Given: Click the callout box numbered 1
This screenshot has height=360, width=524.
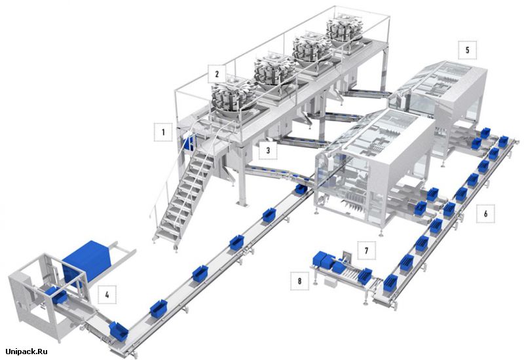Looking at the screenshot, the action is point(163,132).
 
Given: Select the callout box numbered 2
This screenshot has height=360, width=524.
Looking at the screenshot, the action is point(217,74).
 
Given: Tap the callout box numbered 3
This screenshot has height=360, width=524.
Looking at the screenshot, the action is point(268,151).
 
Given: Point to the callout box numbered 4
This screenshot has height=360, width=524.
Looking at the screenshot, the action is point(107,295).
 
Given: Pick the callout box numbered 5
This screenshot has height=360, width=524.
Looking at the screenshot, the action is point(467,50).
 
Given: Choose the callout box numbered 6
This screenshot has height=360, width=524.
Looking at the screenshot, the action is point(485,213).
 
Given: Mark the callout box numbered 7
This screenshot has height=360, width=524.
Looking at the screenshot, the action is point(367,251).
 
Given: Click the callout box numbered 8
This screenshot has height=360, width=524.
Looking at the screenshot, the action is point(299,281).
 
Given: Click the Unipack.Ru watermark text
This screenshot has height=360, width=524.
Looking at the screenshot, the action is point(27,351).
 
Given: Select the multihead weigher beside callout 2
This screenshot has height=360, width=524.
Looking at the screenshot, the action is point(233,98).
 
